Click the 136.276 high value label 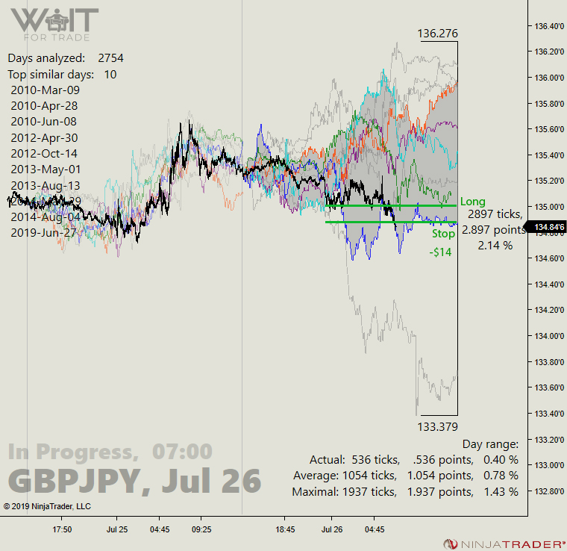(x=438, y=34)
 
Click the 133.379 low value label (x=438, y=426)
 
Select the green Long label (x=473, y=202)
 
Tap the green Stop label (x=443, y=234)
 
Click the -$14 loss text (x=440, y=252)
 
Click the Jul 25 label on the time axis (x=116, y=529)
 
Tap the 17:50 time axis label (x=61, y=529)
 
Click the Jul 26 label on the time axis (x=331, y=529)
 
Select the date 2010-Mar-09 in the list (x=44, y=90)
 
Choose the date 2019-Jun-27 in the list (x=44, y=232)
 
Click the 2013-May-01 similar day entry (x=44, y=169)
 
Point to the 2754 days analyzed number (x=110, y=57)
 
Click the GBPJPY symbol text (x=75, y=481)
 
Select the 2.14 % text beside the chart (x=495, y=245)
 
